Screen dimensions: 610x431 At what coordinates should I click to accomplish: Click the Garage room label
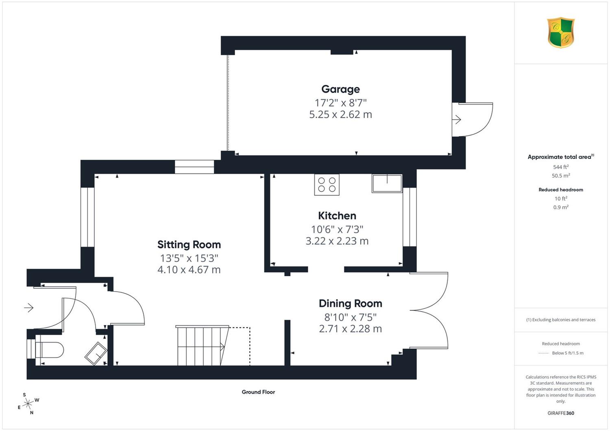(340, 89)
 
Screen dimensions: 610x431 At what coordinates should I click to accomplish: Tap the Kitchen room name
(337, 215)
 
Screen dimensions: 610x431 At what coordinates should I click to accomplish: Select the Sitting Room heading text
(189, 245)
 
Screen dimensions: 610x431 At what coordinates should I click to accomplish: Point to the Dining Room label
(351, 303)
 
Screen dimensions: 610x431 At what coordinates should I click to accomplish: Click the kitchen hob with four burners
(327, 185)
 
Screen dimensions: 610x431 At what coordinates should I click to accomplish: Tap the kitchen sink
(387, 183)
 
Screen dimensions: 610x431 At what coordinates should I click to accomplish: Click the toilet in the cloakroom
(49, 350)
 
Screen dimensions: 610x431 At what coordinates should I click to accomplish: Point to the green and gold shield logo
(561, 32)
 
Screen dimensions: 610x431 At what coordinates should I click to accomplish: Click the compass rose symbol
(28, 403)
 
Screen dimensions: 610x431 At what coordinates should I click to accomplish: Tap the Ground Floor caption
(258, 392)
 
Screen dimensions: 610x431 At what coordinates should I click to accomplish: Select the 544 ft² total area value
(561, 167)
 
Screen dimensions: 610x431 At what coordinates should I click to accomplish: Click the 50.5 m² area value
(561, 175)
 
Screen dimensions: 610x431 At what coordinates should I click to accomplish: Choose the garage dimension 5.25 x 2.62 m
(340, 114)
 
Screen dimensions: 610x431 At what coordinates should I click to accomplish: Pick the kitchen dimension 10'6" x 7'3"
(337, 230)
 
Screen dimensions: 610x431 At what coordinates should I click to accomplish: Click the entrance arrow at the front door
(28, 308)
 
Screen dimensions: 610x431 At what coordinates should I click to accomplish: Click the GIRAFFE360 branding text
(561, 413)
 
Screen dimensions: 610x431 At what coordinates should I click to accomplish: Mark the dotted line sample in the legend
(544, 353)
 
